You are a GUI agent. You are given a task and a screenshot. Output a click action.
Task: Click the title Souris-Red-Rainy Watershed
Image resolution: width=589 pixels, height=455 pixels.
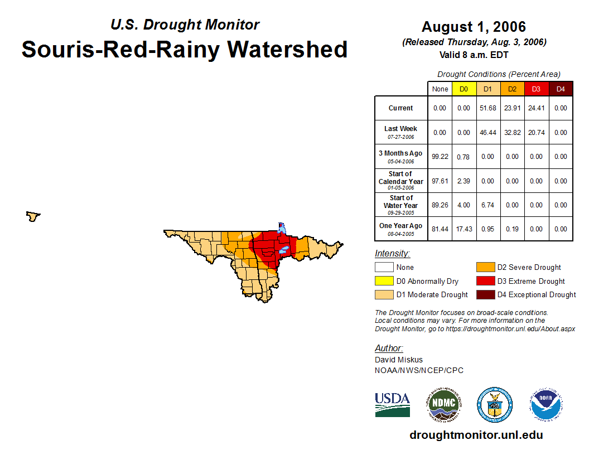coord(185,49)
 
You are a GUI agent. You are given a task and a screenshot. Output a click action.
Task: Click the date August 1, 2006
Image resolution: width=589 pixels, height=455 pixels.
coord(474,27)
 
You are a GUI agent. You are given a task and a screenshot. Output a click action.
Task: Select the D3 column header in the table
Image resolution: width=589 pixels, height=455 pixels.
coord(536,89)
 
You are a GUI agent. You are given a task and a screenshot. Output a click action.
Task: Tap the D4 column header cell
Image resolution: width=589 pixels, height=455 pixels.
coord(561,89)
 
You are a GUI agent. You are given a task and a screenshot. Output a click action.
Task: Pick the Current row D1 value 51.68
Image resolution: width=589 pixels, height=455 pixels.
coord(488,108)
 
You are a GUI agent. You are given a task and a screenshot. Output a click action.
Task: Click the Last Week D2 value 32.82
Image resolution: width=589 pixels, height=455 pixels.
coord(512,133)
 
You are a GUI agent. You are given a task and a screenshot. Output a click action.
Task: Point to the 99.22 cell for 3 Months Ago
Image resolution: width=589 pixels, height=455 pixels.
coord(440,157)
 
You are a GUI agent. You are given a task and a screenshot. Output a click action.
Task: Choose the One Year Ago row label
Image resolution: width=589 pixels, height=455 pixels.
coord(401,229)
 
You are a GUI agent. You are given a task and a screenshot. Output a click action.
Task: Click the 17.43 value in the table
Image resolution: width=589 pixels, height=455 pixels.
coord(464,229)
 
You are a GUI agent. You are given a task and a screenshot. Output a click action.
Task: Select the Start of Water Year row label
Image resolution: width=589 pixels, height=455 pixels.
coord(401,205)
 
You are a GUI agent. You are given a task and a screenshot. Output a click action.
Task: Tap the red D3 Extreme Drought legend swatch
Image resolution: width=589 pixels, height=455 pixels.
coord(485,281)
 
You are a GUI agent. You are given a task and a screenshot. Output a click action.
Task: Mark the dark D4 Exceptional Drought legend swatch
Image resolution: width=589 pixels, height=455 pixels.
coord(485,294)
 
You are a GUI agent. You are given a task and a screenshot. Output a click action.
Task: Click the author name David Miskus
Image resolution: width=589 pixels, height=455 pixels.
coord(399,360)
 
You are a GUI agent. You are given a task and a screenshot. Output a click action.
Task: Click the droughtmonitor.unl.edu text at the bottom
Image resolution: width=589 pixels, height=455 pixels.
coord(476,435)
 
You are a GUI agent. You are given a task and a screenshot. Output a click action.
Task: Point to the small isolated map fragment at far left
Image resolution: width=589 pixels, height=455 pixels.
coord(33,216)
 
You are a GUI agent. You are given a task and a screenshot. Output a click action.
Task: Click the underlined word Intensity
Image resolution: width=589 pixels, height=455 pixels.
coord(392,254)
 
